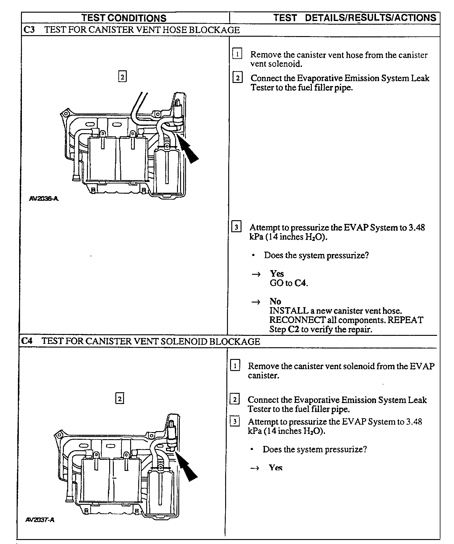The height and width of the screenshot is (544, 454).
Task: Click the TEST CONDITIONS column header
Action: click(124, 18)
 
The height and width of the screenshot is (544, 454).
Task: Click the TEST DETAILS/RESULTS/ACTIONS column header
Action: click(355, 18)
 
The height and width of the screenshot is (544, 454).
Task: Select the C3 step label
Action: click(29, 30)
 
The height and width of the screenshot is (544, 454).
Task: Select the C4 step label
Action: click(27, 341)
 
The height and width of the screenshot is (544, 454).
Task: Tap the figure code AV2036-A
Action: click(43, 199)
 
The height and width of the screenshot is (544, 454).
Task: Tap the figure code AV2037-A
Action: click(40, 520)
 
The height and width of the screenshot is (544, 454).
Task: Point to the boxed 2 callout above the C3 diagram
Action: click(122, 76)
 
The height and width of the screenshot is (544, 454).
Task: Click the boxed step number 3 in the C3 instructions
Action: click(236, 227)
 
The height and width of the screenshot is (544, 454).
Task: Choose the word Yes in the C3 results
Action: click(277, 274)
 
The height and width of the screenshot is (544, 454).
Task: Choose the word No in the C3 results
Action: click(275, 301)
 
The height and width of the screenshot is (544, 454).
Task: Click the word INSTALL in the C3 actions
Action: click(289, 311)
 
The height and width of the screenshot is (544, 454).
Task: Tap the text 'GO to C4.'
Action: click(289, 283)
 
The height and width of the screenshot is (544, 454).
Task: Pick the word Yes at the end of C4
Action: click(275, 468)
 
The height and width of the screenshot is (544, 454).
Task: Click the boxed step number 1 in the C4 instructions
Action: click(235, 365)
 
